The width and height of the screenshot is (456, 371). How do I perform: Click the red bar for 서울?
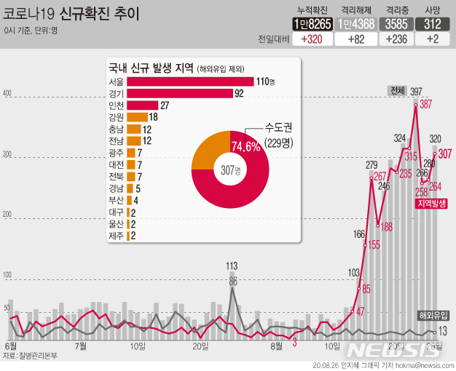[189, 81]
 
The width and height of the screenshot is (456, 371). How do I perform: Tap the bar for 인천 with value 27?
[142, 105]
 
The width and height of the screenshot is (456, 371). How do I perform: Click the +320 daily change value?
[312, 39]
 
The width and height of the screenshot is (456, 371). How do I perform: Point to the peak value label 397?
[416, 92]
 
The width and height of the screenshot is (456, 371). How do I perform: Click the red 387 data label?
[425, 105]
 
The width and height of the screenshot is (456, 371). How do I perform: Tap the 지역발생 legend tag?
[432, 205]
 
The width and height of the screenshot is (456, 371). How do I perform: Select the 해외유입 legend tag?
[434, 315]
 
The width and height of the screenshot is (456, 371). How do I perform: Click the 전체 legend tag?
[397, 91]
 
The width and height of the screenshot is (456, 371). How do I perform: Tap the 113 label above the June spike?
[232, 266]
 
